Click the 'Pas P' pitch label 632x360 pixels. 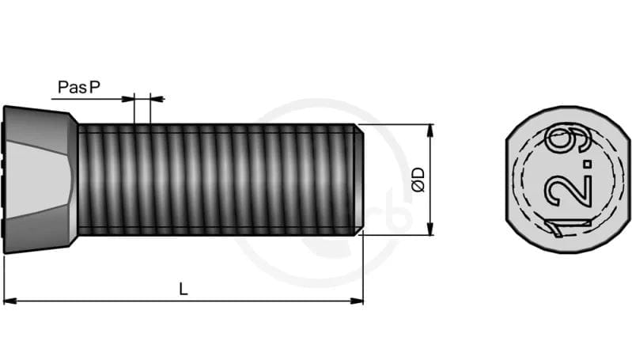pos(79,87)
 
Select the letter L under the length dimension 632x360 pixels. pos(184,290)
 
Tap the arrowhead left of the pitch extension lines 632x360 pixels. pos(128,99)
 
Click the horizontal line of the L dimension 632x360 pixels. pos(237,301)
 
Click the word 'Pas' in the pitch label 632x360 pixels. pos(71,87)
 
